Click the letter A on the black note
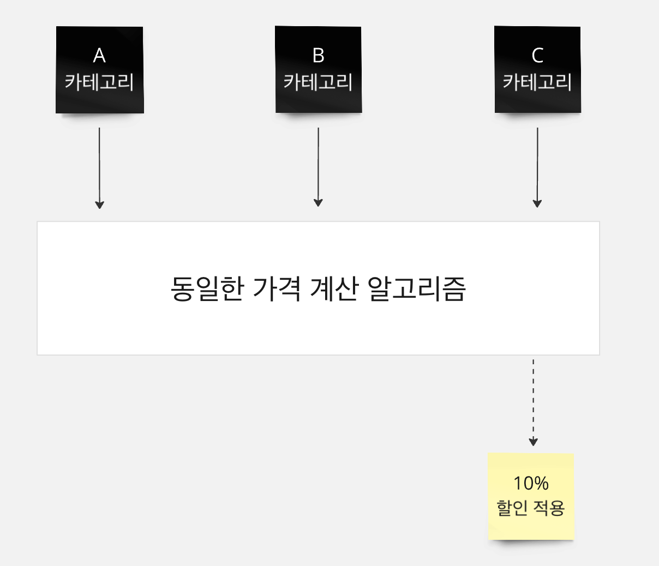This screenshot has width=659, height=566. pyautogui.click(x=99, y=55)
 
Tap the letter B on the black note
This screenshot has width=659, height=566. pyautogui.click(x=319, y=55)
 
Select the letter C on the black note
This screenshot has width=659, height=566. pyautogui.click(x=537, y=55)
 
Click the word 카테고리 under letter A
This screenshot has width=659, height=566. pyautogui.click(x=99, y=82)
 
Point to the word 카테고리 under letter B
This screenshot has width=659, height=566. pyautogui.click(x=319, y=82)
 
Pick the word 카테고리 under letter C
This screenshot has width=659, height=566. pyautogui.click(x=537, y=82)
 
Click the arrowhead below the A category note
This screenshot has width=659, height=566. pyautogui.click(x=99, y=204)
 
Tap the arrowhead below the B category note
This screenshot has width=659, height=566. pyautogui.click(x=319, y=203)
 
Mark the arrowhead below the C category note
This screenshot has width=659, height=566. pyautogui.click(x=537, y=203)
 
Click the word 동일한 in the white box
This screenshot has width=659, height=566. pyautogui.click(x=206, y=288)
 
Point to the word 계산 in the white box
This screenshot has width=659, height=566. pyautogui.click(x=333, y=288)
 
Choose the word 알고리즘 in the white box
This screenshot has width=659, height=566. pyautogui.click(x=416, y=288)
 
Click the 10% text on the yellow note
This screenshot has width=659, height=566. pyautogui.click(x=531, y=483)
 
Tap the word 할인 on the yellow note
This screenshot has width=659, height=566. pyautogui.click(x=512, y=508)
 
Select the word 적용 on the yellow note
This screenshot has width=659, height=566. pyautogui.click(x=549, y=508)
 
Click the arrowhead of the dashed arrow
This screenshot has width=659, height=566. pyautogui.click(x=534, y=442)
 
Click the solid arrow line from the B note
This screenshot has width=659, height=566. pyautogui.click(x=319, y=164)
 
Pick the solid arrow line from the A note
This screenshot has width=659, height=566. pyautogui.click(x=99, y=164)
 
